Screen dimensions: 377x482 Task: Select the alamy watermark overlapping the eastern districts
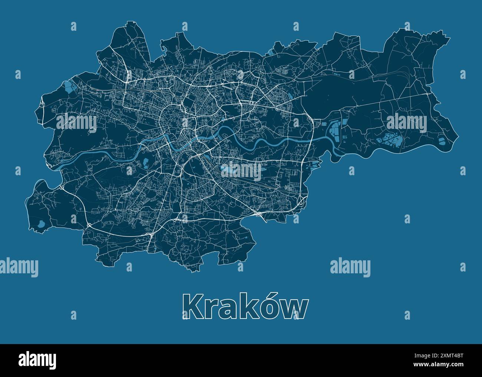[x=406, y=121]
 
